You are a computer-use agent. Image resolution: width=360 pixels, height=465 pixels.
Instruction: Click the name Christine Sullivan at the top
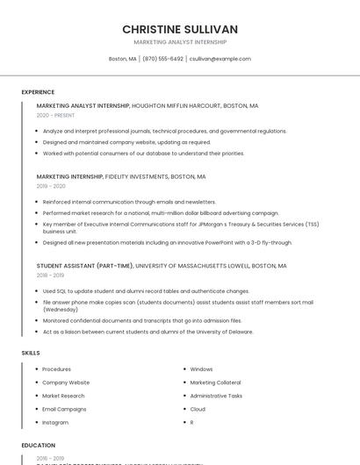(x=180, y=29)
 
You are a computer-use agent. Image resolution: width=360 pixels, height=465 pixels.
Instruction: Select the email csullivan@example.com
(x=220, y=59)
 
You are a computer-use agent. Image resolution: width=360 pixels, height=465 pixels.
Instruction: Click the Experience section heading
(x=38, y=92)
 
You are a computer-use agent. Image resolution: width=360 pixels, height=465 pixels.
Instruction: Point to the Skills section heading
(x=31, y=353)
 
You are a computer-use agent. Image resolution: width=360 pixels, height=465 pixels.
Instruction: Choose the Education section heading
(x=38, y=446)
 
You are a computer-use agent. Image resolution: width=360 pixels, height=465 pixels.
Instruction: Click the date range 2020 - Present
(x=55, y=115)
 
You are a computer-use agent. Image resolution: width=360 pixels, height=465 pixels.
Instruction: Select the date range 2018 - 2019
(x=51, y=275)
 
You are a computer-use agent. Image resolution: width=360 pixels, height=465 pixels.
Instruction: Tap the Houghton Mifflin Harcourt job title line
(x=148, y=105)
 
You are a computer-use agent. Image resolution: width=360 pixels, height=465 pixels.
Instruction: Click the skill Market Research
(x=63, y=396)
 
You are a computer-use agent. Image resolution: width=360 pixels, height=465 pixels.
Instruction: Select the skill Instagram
(x=55, y=422)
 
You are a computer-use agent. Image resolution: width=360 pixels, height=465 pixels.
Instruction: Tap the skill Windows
(x=201, y=369)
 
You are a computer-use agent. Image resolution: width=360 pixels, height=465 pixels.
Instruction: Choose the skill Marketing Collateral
(x=215, y=383)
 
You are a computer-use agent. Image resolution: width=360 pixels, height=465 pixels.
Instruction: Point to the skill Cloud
(x=198, y=409)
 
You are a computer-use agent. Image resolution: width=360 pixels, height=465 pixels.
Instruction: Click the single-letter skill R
(x=191, y=422)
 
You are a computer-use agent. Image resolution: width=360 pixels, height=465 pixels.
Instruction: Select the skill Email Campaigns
(x=64, y=409)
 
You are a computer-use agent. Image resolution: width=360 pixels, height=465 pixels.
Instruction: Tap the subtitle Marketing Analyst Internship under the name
(x=180, y=42)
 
